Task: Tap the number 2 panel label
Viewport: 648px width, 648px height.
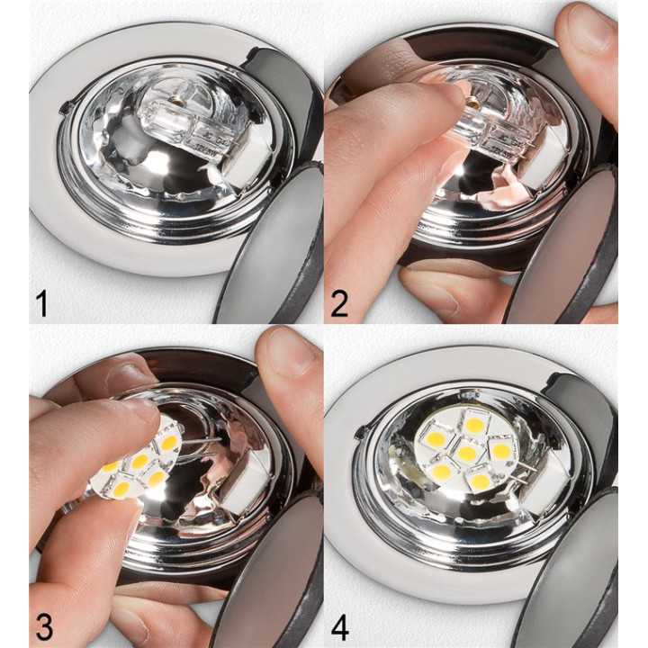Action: pyautogui.click(x=339, y=302)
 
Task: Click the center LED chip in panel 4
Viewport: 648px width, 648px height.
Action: pyautogui.click(x=466, y=454)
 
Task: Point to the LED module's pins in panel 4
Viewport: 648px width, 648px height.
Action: pyautogui.click(x=525, y=468)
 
